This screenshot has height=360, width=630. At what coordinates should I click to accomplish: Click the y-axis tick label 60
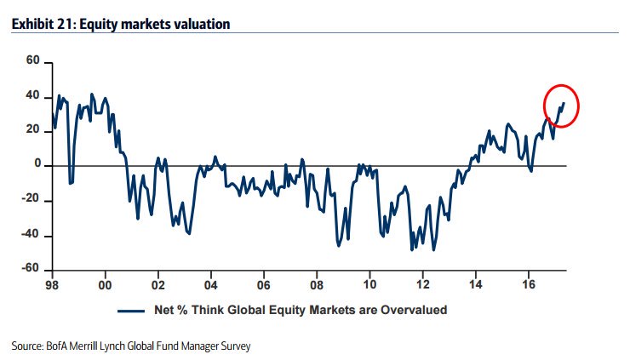[34, 61]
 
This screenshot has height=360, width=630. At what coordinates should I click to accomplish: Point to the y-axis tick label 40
[34, 96]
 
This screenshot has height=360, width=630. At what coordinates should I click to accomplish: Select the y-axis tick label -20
[31, 200]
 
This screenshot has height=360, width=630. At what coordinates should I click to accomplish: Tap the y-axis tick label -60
[31, 268]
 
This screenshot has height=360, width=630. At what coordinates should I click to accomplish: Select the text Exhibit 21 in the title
[43, 26]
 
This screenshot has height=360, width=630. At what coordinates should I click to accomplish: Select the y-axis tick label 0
[37, 165]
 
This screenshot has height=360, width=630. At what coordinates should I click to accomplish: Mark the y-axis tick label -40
[31, 235]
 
